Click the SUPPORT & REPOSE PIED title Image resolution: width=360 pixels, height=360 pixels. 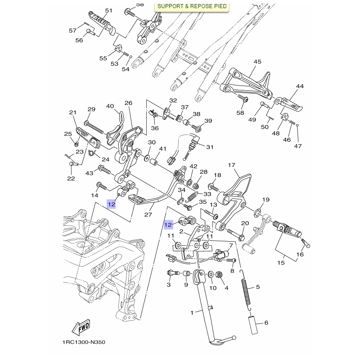pyautogui.click(x=192, y=7)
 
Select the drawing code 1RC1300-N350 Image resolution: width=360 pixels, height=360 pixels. pyautogui.click(x=84, y=342)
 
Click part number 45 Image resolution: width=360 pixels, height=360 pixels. pyautogui.click(x=257, y=62)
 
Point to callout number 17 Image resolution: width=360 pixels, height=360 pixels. pyautogui.click(x=232, y=166)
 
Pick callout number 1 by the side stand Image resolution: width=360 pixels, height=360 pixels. pyautogui.click(x=192, y=312)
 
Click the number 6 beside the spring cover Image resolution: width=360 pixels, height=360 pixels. pyautogui.click(x=266, y=323)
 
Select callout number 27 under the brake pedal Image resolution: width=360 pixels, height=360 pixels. pyautogui.click(x=148, y=215)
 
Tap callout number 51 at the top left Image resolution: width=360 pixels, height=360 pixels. pyautogui.click(x=108, y=11)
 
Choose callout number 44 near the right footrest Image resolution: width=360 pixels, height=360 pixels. pyautogui.click(x=300, y=86)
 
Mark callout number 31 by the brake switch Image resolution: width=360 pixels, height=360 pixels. pyautogui.click(x=210, y=147)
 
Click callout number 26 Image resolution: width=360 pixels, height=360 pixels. pyautogui.click(x=128, y=103)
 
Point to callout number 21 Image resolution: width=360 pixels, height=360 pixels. pyautogui.click(x=73, y=112)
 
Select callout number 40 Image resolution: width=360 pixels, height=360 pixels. pyautogui.click(x=110, y=106)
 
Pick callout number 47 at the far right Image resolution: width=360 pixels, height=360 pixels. pyautogui.click(x=297, y=146)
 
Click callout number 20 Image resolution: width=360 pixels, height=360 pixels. pyautogui.click(x=245, y=223)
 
